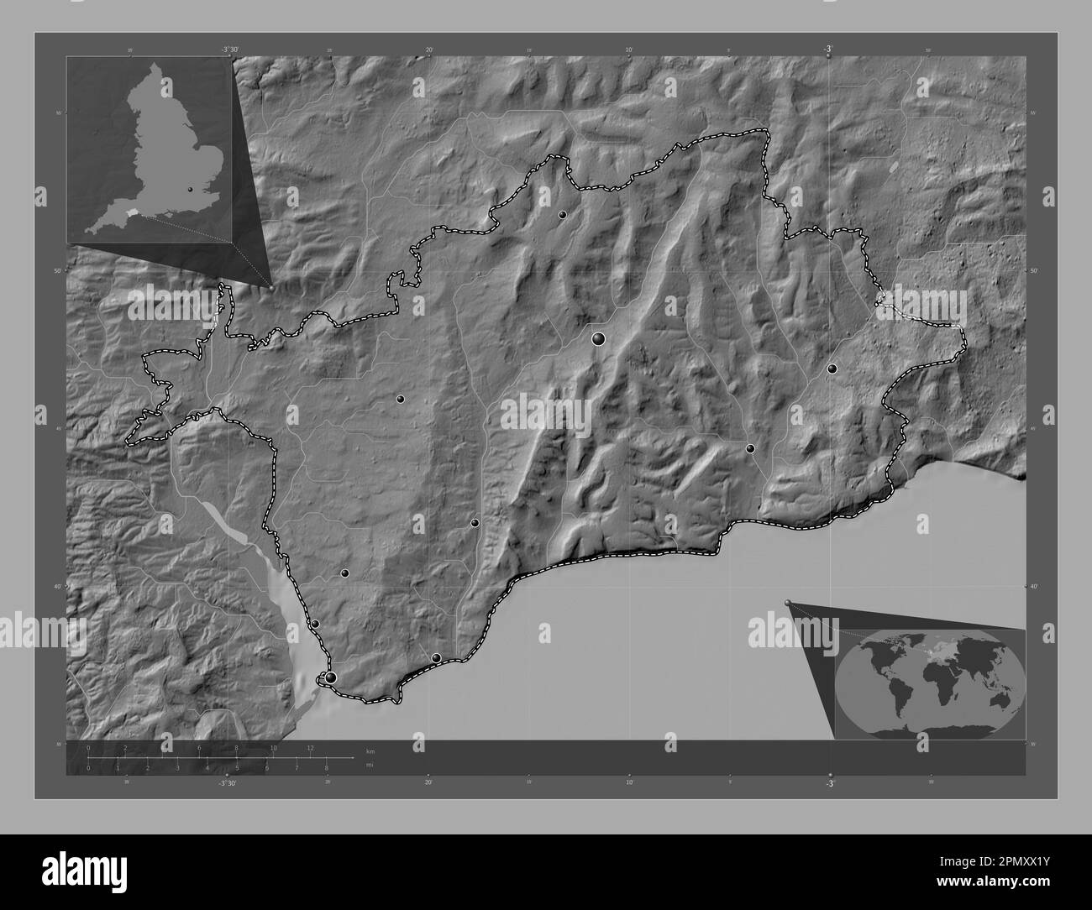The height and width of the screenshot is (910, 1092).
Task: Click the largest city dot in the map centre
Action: point(598,339)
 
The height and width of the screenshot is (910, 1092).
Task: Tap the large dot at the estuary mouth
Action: point(331,677)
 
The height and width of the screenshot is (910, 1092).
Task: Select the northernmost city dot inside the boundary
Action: point(562,215)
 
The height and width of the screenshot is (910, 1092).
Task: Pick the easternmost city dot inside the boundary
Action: point(832,369)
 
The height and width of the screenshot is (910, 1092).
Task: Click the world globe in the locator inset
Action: point(929,682)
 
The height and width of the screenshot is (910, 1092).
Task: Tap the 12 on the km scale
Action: point(310,747)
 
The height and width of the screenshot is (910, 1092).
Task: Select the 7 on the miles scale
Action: point(297,767)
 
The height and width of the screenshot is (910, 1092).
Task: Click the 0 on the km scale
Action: point(88,747)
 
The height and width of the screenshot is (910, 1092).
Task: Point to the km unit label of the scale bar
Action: point(370,750)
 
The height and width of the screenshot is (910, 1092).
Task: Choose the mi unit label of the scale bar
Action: point(370,764)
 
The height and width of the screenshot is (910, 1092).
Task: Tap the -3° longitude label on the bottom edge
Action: point(830,783)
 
